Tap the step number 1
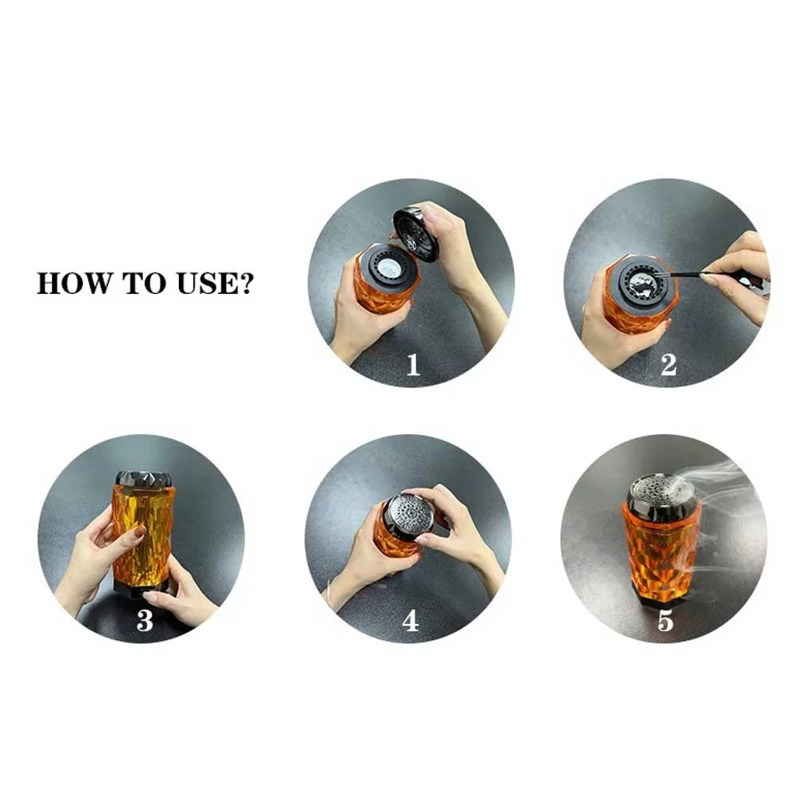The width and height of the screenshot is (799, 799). (412, 365)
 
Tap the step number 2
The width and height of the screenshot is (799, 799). (669, 365)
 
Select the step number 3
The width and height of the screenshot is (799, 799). (145, 621)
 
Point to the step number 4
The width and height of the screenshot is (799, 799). (410, 621)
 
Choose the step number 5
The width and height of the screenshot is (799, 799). (666, 621)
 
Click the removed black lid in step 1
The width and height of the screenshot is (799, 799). (415, 233)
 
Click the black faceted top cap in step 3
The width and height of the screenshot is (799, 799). (144, 479)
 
